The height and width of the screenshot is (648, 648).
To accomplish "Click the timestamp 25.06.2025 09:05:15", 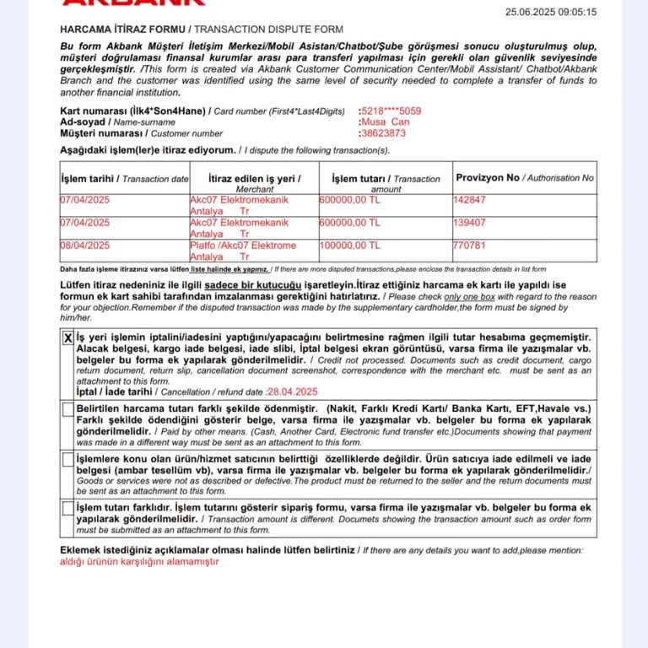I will click(x=550, y=12).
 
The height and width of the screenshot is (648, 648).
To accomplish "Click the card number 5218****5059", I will click(x=390, y=111).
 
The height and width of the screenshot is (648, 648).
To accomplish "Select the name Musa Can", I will click(x=384, y=121).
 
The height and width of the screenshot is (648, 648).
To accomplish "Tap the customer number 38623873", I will click(x=382, y=132).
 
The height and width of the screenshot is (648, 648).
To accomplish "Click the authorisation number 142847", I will click(x=470, y=200).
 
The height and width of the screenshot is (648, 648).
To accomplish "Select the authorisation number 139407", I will click(x=470, y=223).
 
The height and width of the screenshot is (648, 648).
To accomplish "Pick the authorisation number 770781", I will click(x=470, y=246).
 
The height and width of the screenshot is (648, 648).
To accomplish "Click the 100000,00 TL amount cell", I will click(x=350, y=246).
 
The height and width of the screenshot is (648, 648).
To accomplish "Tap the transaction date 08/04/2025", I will click(x=84, y=246).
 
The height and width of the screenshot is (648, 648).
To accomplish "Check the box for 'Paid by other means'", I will click(x=68, y=409).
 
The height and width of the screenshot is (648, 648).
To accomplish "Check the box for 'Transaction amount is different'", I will click(x=68, y=508).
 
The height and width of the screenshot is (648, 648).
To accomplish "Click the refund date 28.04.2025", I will click(x=291, y=391).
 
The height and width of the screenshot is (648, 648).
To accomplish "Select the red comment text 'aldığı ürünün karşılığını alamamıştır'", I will click(x=139, y=561).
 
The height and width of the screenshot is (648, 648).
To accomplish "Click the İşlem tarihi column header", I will click(x=125, y=179).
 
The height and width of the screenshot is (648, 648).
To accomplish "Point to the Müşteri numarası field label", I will click(x=101, y=132).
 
